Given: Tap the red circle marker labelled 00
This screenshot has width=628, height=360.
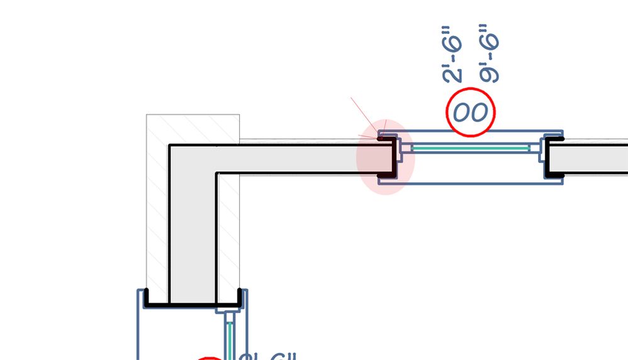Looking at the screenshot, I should point(471,113).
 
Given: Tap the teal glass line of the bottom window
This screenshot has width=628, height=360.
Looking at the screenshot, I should point(230,337).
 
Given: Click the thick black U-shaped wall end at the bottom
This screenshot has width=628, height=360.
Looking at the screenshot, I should point(193,305).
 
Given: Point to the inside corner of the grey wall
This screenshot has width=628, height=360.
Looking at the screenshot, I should point(217,173).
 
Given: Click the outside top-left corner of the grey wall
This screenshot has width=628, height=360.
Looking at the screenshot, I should point(169,147).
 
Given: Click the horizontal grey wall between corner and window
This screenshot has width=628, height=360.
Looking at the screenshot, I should point(296,159).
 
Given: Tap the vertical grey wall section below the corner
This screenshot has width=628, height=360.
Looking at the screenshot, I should point(193,239).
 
